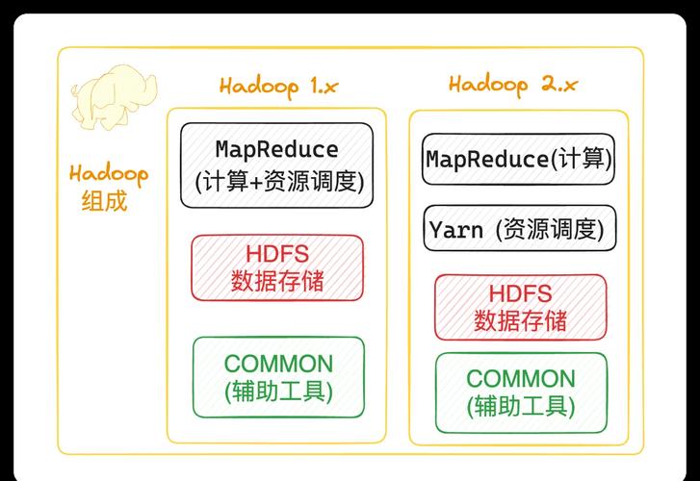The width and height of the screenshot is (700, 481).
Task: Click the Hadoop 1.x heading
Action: coord(278,86)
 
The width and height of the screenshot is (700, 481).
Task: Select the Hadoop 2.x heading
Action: coord(513,84)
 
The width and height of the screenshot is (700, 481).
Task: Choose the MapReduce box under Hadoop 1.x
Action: coord(277,165)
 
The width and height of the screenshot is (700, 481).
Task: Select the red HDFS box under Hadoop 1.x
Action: coord(277,267)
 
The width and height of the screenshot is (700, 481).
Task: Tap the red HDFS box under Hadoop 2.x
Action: coord(520,307)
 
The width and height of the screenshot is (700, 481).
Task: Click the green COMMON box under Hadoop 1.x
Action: coord(278,377)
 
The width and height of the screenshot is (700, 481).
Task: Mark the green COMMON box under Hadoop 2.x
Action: coord(521,392)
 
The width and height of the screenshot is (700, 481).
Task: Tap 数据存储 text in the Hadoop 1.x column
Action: coord(277,282)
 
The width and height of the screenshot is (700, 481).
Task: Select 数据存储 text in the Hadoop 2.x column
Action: coord(520,321)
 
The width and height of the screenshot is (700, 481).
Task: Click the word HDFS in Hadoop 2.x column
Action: coord(520,293)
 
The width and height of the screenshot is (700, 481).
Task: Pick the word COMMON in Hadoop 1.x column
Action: coord(278,364)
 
